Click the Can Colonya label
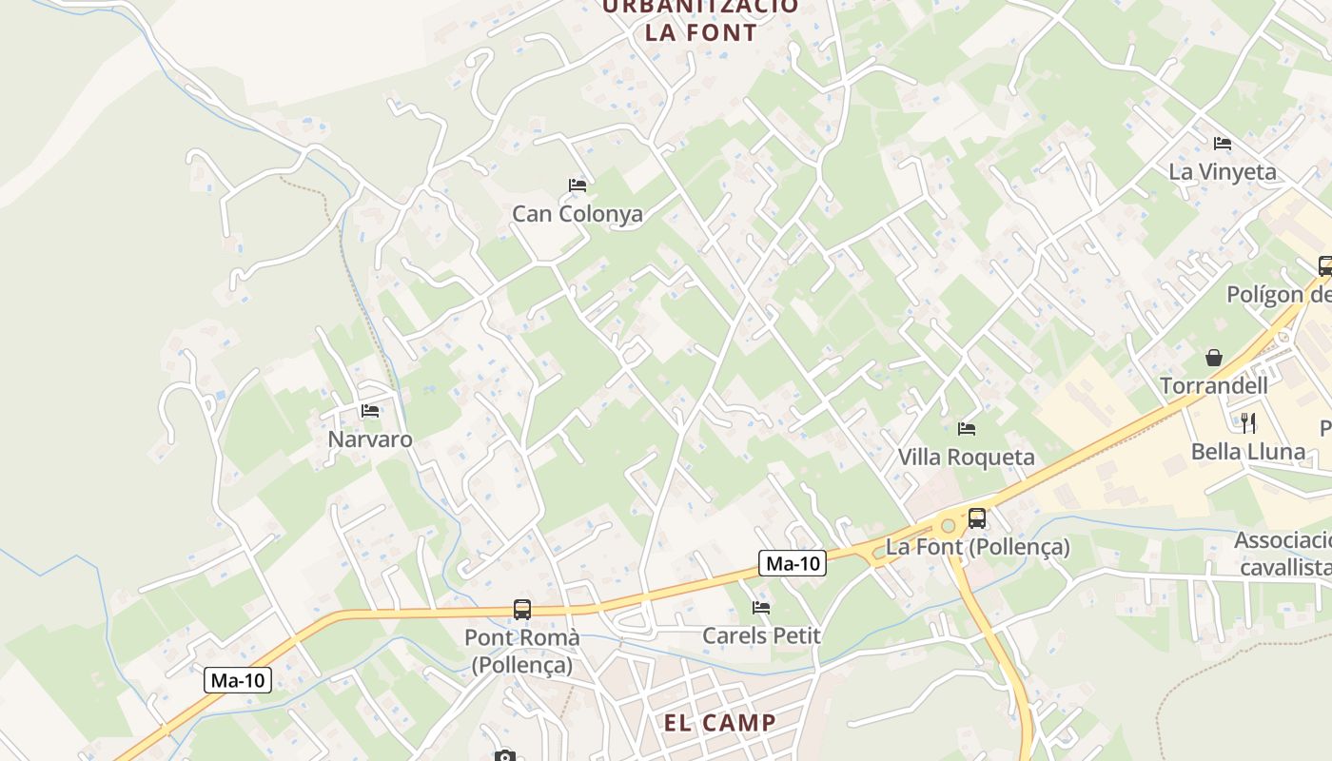pyautogui.click(x=577, y=214)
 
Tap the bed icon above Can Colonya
pyautogui.click(x=577, y=185)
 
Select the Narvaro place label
pyautogui.click(x=370, y=439)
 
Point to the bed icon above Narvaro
pyautogui.click(x=370, y=411)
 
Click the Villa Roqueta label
pyautogui.click(x=966, y=458)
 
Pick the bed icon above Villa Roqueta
pyautogui.click(x=967, y=429)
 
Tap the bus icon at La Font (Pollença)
pyautogui.click(x=977, y=518)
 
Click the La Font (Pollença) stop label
pyautogui.click(x=977, y=548)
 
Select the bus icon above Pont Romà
pyautogui.click(x=521, y=610)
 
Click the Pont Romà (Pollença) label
pyautogui.click(x=521, y=651)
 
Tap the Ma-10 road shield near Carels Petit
pyautogui.click(x=793, y=563)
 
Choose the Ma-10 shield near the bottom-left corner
pyautogui.click(x=238, y=680)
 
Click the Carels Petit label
pyautogui.click(x=761, y=635)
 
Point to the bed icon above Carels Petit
pyautogui.click(x=760, y=607)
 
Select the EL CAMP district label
pyautogui.click(x=720, y=722)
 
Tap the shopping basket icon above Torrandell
pyautogui.click(x=1213, y=358)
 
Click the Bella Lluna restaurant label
pyautogui.click(x=1248, y=452)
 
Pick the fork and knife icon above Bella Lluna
pyautogui.click(x=1248, y=422)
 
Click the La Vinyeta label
pyautogui.click(x=1223, y=172)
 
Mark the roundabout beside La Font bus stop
pyautogui.click(x=948, y=525)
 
